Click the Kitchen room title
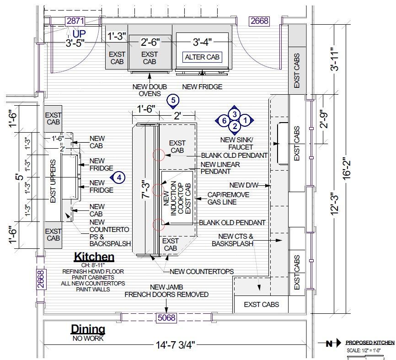pos(94,257)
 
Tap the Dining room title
pos(88,329)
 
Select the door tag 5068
pos(166,317)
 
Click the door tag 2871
pos(75,21)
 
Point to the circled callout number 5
pos(173,101)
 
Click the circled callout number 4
pos(118,177)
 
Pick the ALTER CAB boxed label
pos(202,57)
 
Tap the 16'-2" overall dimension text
pos(347,168)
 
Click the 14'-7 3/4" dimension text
pos(176,345)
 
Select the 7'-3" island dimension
pos(146,189)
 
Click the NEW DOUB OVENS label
pos(150,90)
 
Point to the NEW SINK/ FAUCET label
pos(237,143)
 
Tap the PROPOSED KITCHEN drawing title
pos(370,343)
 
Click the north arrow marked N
pos(329,343)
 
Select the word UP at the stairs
pos(79,34)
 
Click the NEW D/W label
pos(244,185)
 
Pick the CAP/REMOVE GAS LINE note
pos(228,199)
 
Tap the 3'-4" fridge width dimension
pos(202,42)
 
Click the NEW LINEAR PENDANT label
pos(220,168)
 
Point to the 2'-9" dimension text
pos(325,119)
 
